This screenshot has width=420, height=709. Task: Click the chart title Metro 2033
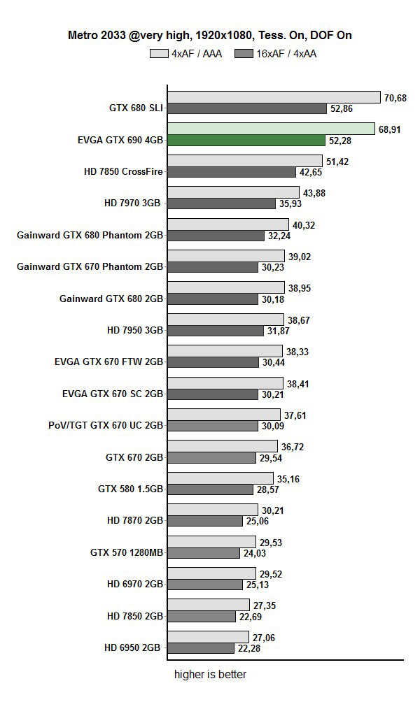coord(210,34)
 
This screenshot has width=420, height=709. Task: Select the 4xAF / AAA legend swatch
coord(159,53)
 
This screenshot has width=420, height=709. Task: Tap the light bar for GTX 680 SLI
coord(274,97)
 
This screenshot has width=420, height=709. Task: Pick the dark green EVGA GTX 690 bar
coord(246,140)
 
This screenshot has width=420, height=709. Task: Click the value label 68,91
coord(389,130)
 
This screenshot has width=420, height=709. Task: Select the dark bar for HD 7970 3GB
coord(222,203)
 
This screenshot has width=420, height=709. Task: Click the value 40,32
coord(303,225)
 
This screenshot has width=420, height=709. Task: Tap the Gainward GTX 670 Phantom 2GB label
coord(90,266)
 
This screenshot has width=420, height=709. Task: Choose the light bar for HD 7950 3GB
coord(226,319)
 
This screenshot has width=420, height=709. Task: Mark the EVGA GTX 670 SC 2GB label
coord(113,394)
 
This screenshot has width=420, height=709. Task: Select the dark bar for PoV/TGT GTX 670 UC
coord(213,426)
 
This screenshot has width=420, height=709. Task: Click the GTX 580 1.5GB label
coord(130,489)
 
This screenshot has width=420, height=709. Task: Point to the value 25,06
coord(269,520)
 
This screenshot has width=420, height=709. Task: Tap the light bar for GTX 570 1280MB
coord(211,542)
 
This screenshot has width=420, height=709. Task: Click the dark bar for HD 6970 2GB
coord(207,584)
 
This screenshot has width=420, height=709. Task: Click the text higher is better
coord(210,675)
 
